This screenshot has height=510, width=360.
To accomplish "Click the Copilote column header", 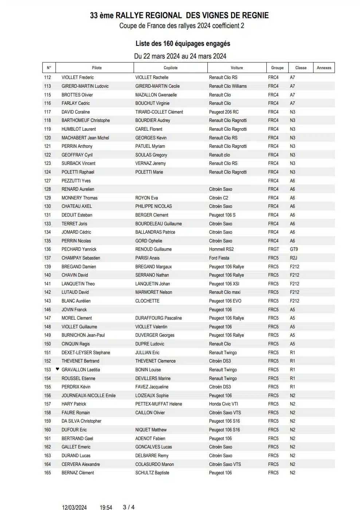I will [171, 68].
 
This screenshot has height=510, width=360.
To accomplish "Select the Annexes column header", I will [324, 68].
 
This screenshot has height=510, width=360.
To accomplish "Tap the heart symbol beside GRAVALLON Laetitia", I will [58, 369].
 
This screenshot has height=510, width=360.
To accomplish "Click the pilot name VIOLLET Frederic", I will [78, 78].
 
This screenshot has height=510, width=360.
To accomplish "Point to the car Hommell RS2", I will [221, 249].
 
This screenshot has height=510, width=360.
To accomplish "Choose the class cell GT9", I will [294, 249].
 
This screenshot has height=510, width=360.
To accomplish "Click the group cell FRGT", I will [273, 249].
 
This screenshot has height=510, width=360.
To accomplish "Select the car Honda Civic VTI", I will [223, 404].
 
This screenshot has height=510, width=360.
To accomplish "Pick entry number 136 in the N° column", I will [47, 249].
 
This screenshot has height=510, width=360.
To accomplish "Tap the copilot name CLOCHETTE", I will [147, 301].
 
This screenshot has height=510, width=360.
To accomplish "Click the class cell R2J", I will [293, 258].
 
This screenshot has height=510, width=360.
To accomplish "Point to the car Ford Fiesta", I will [219, 258].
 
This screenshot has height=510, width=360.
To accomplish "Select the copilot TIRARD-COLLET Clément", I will [159, 112].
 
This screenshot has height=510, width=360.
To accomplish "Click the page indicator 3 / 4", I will [129, 507].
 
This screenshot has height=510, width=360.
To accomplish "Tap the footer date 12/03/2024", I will [74, 507].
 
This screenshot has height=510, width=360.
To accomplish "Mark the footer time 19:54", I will [106, 507].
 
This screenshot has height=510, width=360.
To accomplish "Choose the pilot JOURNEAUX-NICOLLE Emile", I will [89, 396].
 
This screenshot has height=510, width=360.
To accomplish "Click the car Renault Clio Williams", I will [228, 86].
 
